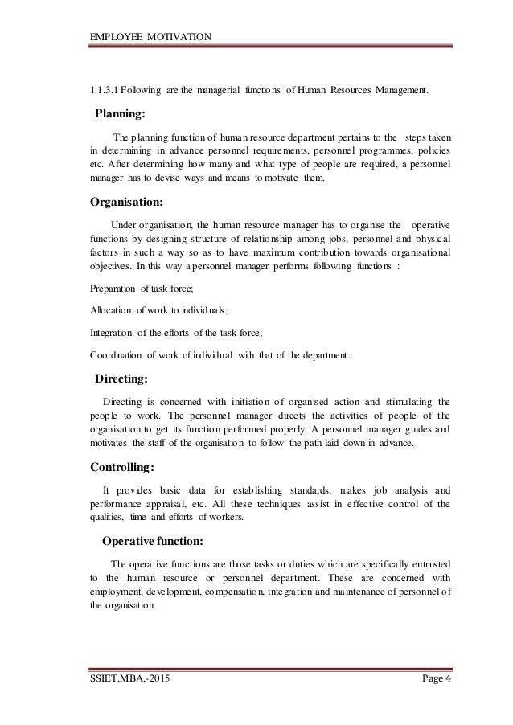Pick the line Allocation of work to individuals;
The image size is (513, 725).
pyautogui.click(x=158, y=310)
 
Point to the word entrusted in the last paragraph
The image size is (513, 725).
pyautogui.click(x=430, y=563)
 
